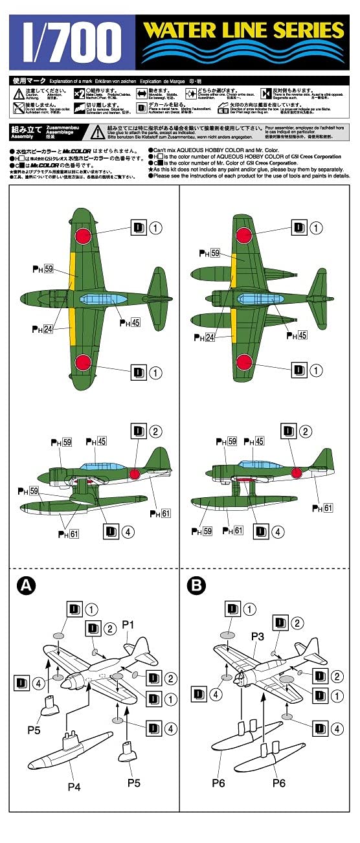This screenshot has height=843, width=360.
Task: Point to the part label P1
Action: [x=128, y=624]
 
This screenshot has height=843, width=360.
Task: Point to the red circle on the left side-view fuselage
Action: [x=135, y=474]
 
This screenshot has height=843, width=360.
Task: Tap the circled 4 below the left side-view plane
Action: [x=128, y=532]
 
